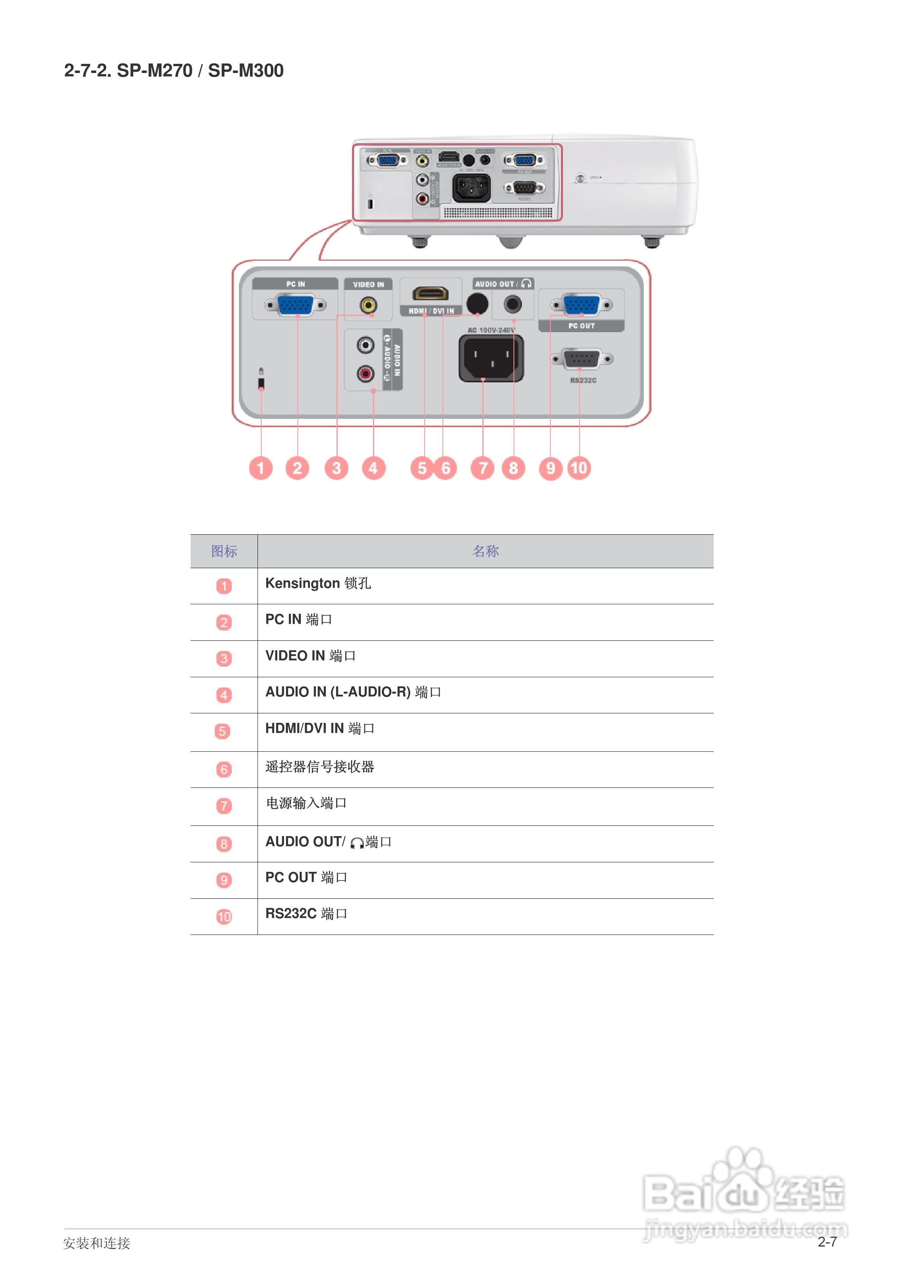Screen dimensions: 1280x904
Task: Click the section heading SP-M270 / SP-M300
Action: [x=173, y=71]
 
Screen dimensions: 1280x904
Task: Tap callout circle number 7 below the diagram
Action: [x=483, y=468]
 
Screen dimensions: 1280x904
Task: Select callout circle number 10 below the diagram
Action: [x=579, y=468]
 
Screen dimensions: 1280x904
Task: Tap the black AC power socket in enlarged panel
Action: [x=491, y=358]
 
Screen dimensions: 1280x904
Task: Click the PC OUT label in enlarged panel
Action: [x=581, y=326]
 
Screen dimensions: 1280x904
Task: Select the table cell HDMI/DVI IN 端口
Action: [x=319, y=728]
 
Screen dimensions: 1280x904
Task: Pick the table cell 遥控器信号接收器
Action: [x=319, y=767]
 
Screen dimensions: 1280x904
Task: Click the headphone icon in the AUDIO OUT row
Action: [x=357, y=843]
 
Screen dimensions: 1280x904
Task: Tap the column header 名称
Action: [x=485, y=551]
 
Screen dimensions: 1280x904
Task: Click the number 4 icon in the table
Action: [x=223, y=695]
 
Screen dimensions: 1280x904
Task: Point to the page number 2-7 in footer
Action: [x=827, y=1242]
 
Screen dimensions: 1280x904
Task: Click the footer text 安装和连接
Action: [x=96, y=1243]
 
